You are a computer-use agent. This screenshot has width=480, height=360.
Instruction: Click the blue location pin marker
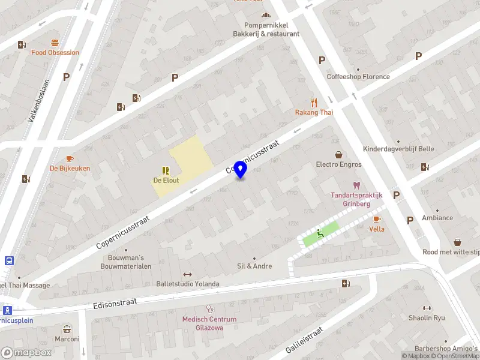241,170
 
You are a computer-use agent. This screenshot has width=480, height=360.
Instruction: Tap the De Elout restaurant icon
166,170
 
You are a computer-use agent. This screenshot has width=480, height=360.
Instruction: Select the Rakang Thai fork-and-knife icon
313,103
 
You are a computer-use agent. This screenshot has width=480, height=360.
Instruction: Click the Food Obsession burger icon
55,43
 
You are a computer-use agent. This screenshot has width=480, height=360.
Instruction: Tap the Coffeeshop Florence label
358,77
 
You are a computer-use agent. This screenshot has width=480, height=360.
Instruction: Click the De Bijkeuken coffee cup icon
70,158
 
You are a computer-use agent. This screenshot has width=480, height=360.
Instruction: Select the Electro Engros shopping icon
339,154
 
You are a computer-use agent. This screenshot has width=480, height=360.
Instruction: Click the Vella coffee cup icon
377,219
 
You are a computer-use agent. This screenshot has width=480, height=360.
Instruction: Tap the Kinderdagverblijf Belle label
398,149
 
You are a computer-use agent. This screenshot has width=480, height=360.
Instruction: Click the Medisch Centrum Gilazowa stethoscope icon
209,309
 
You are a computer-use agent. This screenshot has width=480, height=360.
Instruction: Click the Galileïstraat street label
305,340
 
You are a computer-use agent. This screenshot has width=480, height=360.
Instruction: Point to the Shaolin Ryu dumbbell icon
427,308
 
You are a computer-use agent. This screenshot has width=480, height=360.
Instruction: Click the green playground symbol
321,234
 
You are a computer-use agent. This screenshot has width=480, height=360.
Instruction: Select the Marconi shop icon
67,329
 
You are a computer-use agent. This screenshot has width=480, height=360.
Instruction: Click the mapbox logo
26,353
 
